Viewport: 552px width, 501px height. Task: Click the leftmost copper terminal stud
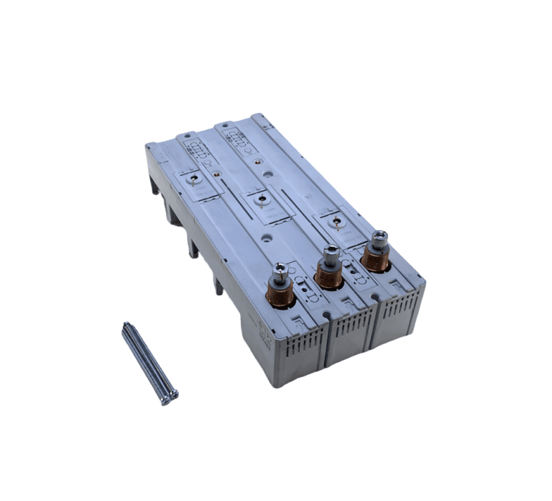coord(282,292)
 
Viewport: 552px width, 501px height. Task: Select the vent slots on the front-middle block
coord(349,332)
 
